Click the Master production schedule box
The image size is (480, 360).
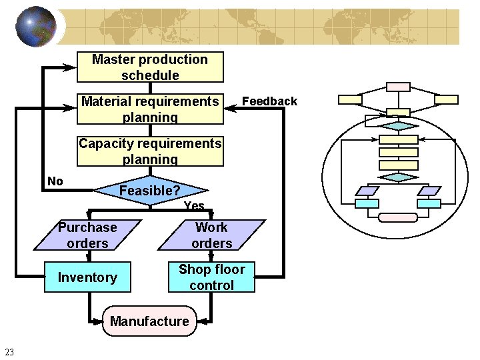pyautogui.click(x=150, y=67)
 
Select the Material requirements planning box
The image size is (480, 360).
pyautogui.click(x=150, y=109)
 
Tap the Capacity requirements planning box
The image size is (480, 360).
pyautogui.click(x=150, y=151)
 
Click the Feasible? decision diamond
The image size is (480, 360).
pyautogui.click(x=150, y=191)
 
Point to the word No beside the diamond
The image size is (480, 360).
pyautogui.click(x=55, y=181)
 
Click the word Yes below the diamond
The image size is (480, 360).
pyautogui.click(x=194, y=206)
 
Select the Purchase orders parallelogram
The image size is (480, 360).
pyautogui.click(x=87, y=235)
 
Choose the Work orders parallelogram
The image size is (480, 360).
pyautogui.click(x=211, y=235)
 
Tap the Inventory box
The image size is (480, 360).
pyautogui.click(x=87, y=277)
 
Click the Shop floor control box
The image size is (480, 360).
pyautogui.click(x=211, y=277)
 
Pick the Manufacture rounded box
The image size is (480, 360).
pyautogui.click(x=149, y=321)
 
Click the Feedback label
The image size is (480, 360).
pyautogui.click(x=269, y=101)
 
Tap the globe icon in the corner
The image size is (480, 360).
pyautogui.click(x=35, y=27)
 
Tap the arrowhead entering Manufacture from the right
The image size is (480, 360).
pyautogui.click(x=203, y=321)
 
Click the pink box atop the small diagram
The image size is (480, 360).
pyautogui.click(x=399, y=87)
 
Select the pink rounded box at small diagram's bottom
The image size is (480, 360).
pyautogui.click(x=398, y=217)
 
